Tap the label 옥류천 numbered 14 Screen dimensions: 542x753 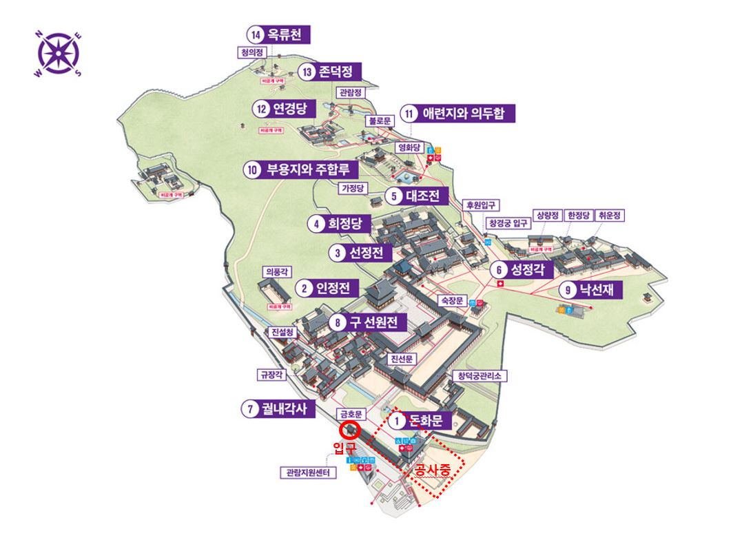point(279,34)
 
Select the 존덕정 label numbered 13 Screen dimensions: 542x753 point(331,72)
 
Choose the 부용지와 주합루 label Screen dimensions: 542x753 point(298,169)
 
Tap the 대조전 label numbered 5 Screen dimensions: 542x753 point(417,196)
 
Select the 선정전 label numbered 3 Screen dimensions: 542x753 point(356,253)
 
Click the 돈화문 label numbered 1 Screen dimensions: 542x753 point(419,420)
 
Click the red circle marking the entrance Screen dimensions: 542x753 point(349,431)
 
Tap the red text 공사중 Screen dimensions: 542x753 point(433,470)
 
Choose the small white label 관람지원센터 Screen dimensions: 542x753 point(308,473)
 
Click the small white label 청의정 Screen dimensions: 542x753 point(251,52)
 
